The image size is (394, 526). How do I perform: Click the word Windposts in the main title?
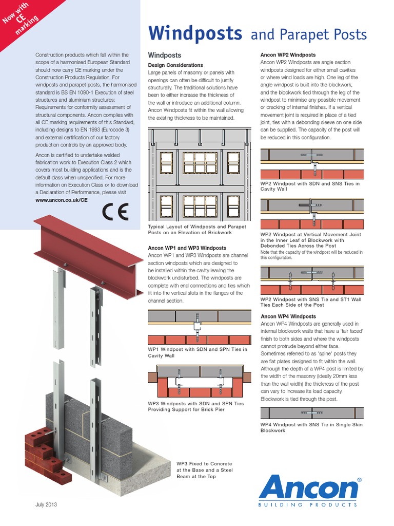pos(195,34)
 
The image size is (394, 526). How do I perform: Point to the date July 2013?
pos(46,504)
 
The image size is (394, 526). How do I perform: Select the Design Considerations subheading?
pos(175,65)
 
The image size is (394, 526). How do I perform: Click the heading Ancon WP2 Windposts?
pos(288,54)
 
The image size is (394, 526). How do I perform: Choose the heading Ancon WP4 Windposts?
pos(288,316)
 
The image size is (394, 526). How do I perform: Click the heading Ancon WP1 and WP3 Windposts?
pos(187,248)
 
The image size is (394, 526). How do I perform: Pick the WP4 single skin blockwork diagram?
pos(312,412)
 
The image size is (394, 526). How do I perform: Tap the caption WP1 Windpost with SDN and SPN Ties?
pos(198,352)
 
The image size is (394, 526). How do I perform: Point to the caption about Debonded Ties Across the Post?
pos(311,240)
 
